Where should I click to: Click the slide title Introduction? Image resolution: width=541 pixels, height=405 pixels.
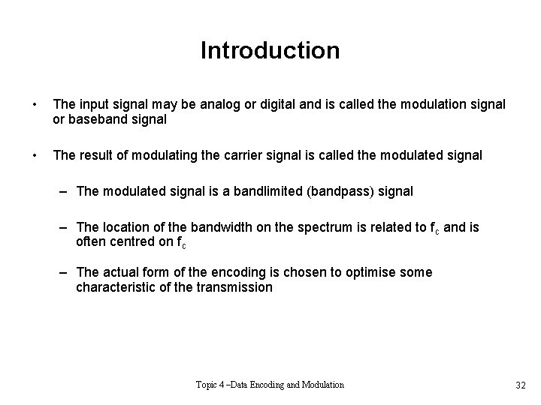(x=270, y=50)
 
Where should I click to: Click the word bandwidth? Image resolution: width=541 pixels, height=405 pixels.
(x=224, y=227)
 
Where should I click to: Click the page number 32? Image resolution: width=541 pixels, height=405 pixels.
(x=520, y=385)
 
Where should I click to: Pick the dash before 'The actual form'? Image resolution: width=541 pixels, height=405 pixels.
(x=65, y=271)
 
